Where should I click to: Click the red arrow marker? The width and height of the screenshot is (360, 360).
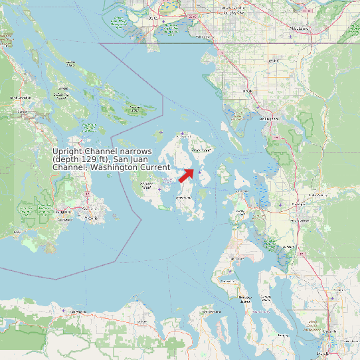pyautogui.click(x=186, y=175)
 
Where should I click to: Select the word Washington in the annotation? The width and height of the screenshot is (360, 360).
pyautogui.click(x=114, y=167)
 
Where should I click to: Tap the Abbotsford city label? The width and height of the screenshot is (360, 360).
pyautogui.click(x=301, y=29)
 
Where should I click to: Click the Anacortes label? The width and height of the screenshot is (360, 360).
pyautogui.click(x=238, y=194)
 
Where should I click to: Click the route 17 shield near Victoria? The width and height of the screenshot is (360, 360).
pyautogui.click(x=86, y=193)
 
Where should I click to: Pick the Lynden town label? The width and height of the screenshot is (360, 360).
pyautogui.click(x=271, y=61)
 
